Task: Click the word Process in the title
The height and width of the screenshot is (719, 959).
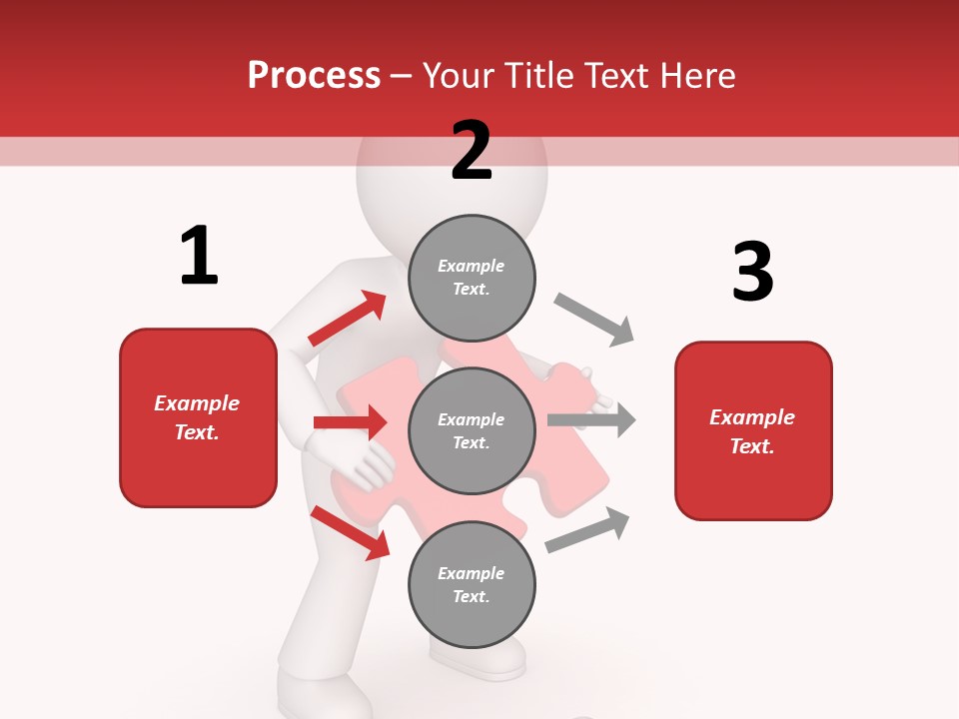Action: click(x=314, y=75)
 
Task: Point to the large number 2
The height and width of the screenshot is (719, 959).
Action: click(x=472, y=151)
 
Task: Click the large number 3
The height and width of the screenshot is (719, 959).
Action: click(x=752, y=272)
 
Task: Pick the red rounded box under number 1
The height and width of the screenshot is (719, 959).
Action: click(x=198, y=417)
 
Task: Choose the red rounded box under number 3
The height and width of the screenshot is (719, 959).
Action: click(x=753, y=430)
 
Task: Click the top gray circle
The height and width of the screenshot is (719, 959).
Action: click(x=472, y=278)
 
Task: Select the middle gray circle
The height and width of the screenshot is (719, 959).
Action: click(x=472, y=430)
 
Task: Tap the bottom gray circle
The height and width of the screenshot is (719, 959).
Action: click(x=472, y=584)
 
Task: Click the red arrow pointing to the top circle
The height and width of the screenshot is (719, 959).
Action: click(x=347, y=319)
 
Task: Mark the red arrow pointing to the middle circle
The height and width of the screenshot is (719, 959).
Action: click(x=350, y=422)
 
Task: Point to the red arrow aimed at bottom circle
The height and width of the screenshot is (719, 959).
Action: click(x=350, y=532)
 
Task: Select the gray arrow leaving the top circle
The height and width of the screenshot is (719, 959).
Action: click(x=594, y=320)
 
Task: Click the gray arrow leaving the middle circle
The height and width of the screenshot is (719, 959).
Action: click(x=591, y=419)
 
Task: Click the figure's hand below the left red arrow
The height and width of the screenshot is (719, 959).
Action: click(x=360, y=464)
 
